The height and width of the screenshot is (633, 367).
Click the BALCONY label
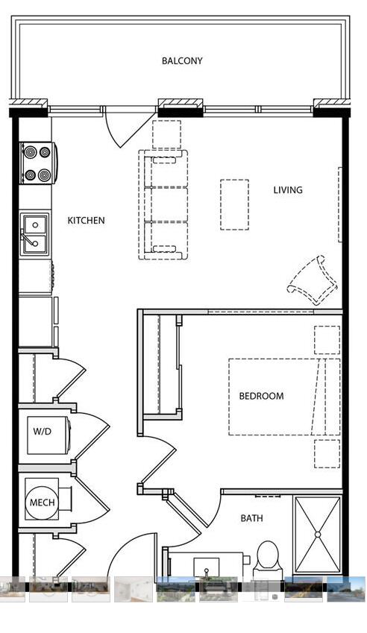(182, 61)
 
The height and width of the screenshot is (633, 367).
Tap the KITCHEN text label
(86, 221)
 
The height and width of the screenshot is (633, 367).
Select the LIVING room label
(288, 189)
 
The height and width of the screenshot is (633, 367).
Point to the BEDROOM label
(261, 396)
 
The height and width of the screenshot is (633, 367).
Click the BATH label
(251, 518)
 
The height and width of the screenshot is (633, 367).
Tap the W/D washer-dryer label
(43, 431)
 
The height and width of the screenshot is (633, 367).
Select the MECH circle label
(43, 503)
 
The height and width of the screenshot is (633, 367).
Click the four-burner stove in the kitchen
(38, 163)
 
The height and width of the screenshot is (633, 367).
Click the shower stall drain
(318, 535)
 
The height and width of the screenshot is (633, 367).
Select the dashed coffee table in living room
(234, 205)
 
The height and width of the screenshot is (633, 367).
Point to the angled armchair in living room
(313, 280)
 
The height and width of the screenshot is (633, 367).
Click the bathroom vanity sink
(207, 567)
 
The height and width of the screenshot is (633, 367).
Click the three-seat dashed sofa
(163, 205)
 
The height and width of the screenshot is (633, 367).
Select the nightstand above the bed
(327, 340)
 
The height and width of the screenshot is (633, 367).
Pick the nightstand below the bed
(327, 454)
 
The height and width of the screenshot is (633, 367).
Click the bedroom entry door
(158, 460)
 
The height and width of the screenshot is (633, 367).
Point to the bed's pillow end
(326, 397)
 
